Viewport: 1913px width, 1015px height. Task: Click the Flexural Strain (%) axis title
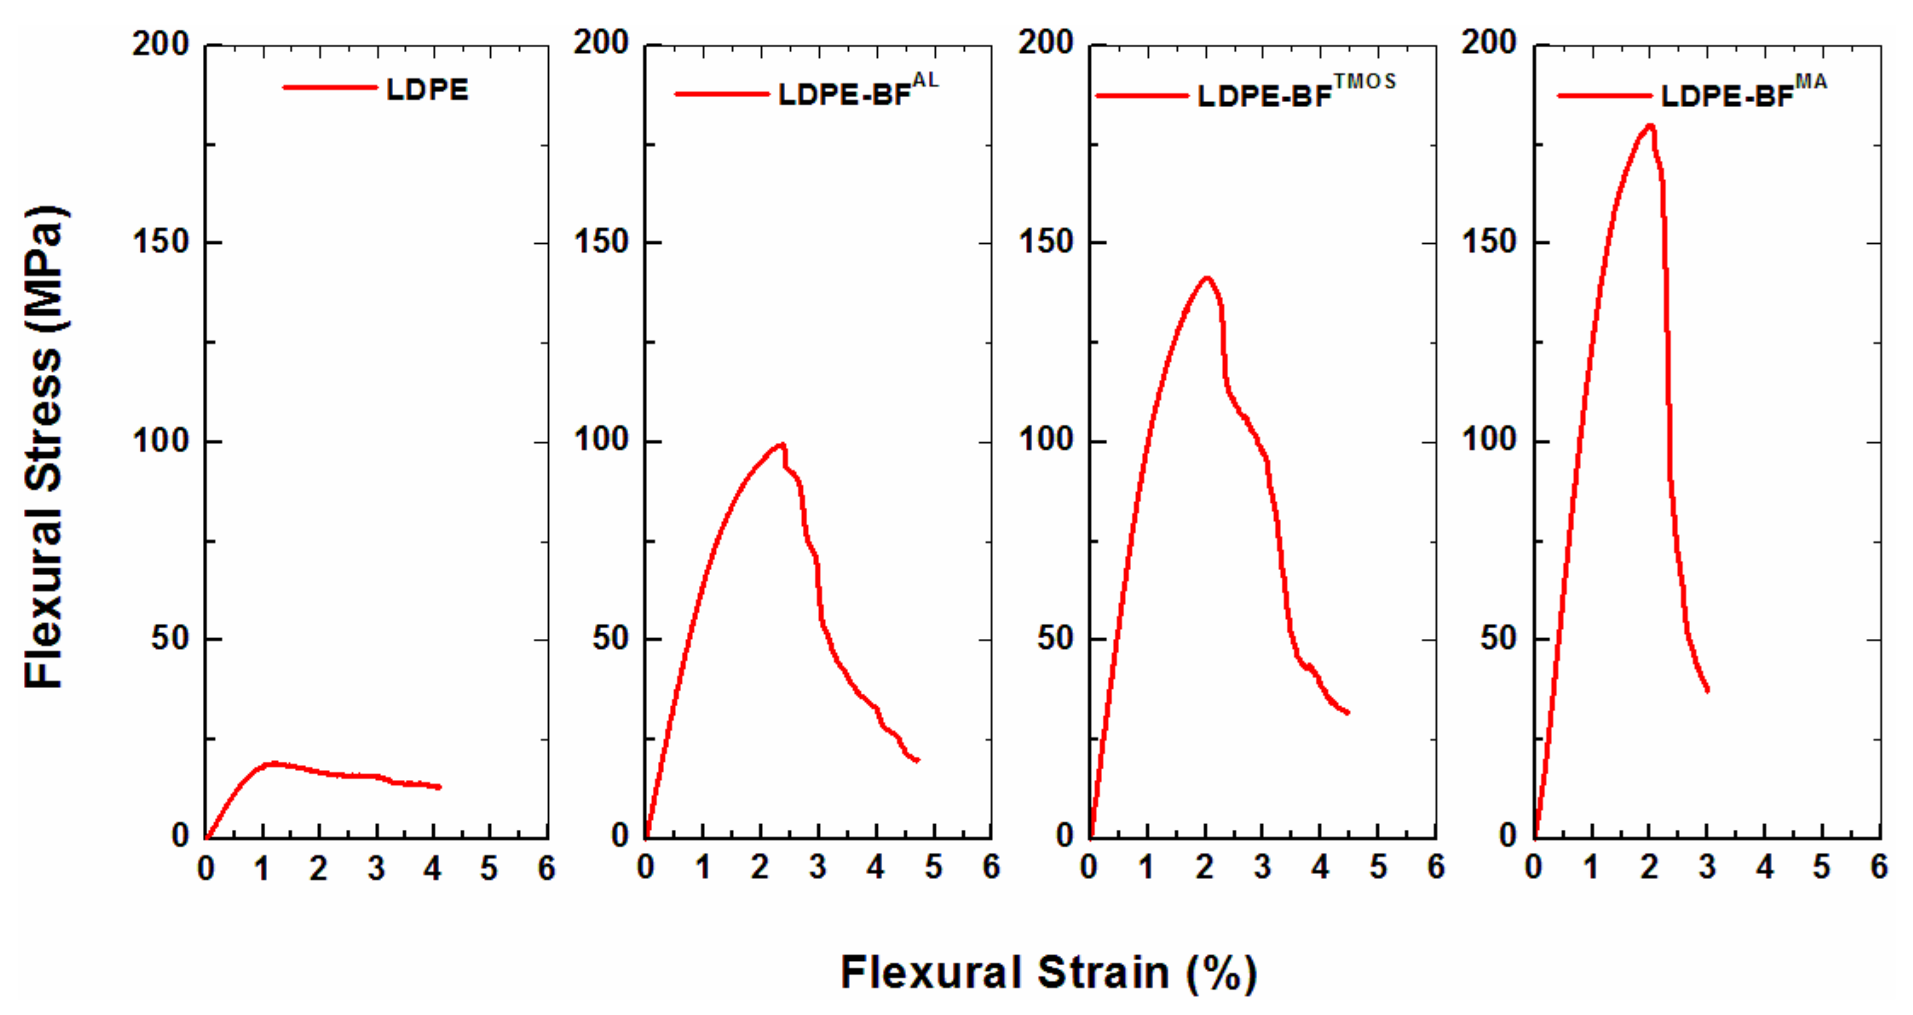[1048, 972]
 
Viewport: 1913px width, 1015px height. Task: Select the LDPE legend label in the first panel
[427, 90]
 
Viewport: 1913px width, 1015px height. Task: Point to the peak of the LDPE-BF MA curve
[1650, 125]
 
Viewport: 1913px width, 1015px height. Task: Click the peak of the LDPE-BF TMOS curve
[1207, 278]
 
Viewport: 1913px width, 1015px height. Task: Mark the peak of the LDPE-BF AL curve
[781, 445]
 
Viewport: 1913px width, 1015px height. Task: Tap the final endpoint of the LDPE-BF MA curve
[1708, 690]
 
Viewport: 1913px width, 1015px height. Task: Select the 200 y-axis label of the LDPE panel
[161, 44]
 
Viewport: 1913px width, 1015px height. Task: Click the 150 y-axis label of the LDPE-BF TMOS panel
[1045, 241]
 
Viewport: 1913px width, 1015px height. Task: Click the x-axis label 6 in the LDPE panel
[546, 867]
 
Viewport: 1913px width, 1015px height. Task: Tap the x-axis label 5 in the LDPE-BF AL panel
[933, 866]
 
